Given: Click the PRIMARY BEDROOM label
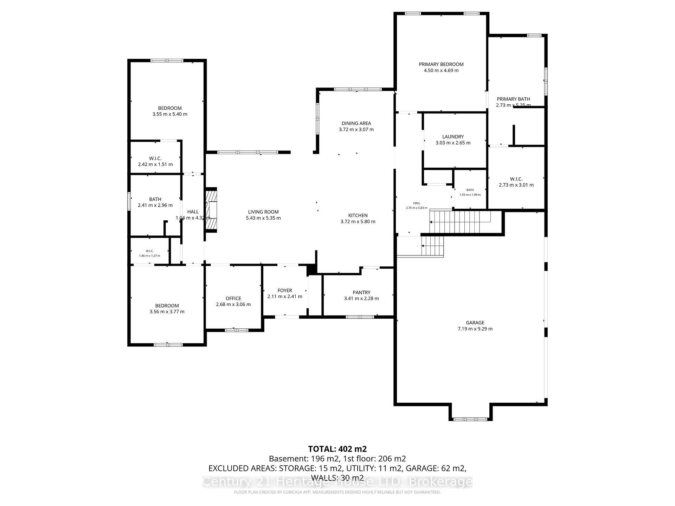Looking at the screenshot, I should coord(441,64).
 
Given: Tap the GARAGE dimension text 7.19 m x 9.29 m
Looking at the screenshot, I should coord(475,329).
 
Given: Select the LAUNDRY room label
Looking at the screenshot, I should coord(453,137).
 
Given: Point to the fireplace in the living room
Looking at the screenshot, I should coord(211,210).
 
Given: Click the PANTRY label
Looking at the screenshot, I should coord(361,292).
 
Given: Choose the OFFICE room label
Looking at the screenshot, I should coord(233,298).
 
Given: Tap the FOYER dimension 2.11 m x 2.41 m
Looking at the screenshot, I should coord(284,296).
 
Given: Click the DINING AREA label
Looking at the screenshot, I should coord(356,123).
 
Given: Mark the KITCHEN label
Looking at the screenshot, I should coord(358,215).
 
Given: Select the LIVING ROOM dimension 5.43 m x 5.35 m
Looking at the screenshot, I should coord(263,218).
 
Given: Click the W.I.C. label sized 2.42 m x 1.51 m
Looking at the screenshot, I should coord(155,158).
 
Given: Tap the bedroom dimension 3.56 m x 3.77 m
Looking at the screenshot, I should coord(167,312).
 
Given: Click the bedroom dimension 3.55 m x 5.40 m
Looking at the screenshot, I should coord(169,114).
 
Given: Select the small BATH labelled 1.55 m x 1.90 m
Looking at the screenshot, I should coord(470,192).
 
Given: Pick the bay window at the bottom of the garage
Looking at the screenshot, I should coord(470,419).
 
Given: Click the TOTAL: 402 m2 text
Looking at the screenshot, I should coord(337,449).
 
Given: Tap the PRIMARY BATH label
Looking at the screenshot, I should coord(513,99).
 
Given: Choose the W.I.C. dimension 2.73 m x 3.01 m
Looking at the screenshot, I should coord(516,185).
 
